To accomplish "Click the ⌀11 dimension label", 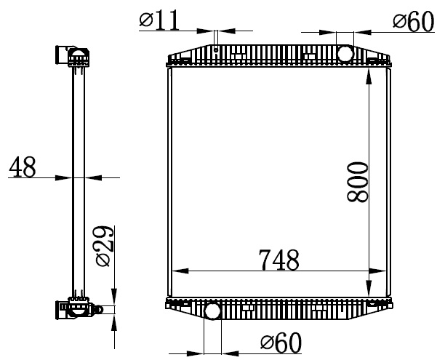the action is point(159,20).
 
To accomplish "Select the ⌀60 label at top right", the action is point(414,21).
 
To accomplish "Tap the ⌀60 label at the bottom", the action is point(281,343).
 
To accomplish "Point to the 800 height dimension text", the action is point(357,182).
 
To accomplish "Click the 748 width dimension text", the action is point(279,260).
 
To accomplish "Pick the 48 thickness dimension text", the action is point(23,167).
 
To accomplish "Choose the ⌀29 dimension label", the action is point(105,246).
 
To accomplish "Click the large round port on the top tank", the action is point(345,54).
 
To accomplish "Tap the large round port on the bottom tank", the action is point(212,311).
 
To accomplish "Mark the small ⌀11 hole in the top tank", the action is point(216,50).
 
